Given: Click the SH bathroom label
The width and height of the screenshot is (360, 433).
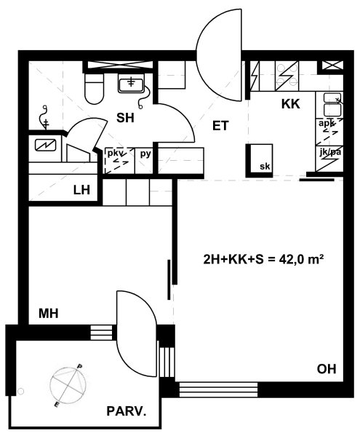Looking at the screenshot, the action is (125, 118).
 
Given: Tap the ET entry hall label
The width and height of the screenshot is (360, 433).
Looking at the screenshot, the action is (220, 126).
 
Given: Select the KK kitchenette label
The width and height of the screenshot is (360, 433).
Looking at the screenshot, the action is (290, 104).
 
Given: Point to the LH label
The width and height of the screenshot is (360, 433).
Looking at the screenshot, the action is (81, 190).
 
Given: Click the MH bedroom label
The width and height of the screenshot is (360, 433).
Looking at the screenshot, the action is (49, 314).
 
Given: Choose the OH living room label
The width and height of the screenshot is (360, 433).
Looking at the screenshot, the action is (327, 369).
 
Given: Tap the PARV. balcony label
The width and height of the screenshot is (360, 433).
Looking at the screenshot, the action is (126, 411).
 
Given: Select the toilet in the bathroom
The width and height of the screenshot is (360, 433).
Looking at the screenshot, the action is (94, 88).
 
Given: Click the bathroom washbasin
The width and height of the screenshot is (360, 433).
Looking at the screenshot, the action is (131, 83).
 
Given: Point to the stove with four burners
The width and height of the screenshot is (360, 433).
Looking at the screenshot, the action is (287, 76).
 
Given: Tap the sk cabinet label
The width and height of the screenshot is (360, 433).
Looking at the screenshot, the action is (265, 167).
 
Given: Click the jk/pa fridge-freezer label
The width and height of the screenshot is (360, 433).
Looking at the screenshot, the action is (330, 152).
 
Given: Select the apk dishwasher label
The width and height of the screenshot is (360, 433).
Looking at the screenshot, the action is (327, 123).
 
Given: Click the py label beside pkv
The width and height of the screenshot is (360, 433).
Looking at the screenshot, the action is (145, 154).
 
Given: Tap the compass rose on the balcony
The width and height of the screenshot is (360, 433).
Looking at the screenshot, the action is (68, 385).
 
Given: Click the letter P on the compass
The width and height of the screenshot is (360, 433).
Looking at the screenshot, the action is (80, 367).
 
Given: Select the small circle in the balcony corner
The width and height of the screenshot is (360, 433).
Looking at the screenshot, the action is (20, 391).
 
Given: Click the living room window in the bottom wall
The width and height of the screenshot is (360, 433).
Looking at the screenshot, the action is (218, 389).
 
